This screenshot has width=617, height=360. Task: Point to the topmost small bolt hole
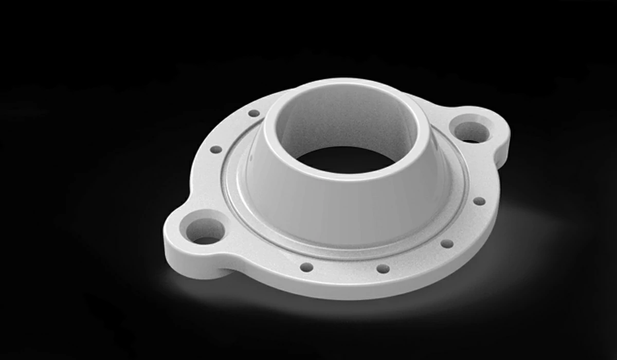[254, 113]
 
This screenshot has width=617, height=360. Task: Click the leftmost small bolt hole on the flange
[216, 150]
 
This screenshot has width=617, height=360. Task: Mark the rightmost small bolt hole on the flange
[479, 201]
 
